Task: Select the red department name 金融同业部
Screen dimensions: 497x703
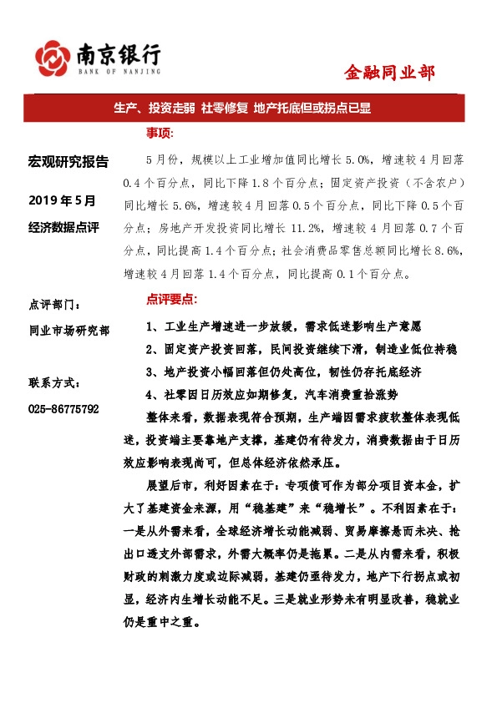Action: [389, 73]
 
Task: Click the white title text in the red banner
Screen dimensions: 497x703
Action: [247, 109]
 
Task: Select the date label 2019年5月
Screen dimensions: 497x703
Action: [63, 200]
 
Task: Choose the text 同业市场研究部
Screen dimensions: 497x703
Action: [68, 331]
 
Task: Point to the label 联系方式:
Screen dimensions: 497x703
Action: [55, 383]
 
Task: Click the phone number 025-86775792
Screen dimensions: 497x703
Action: [63, 409]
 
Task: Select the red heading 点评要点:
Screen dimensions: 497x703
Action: [172, 298]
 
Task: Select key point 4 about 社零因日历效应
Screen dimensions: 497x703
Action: [271, 394]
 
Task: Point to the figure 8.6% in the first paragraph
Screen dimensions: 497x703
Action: [459, 250]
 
